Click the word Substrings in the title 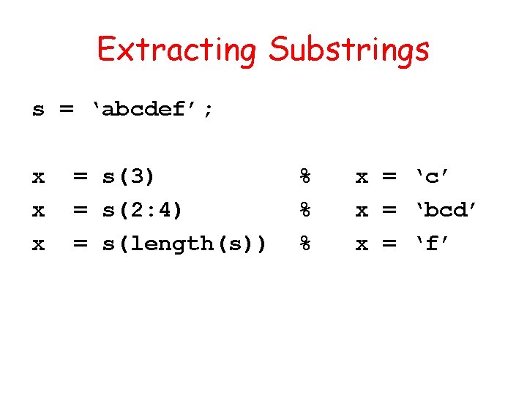(348, 50)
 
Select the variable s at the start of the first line (38, 110)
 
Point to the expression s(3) (129, 177)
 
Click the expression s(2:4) (142, 211)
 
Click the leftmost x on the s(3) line (38, 177)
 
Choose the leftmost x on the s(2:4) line (38, 211)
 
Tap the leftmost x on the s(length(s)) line (38, 244)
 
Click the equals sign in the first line (66, 110)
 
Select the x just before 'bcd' (362, 211)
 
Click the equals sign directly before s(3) (81, 177)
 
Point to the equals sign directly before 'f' (390, 244)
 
